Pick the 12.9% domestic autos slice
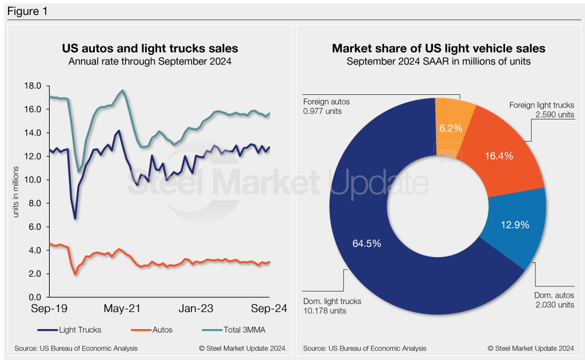coord(514,224)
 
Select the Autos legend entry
coord(153,329)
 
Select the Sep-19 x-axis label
coord(50,308)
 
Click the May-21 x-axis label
coord(122,308)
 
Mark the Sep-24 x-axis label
coord(268,308)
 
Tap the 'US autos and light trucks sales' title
coord(150,49)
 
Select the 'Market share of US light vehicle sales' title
coord(439,49)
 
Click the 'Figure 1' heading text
coord(27,10)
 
